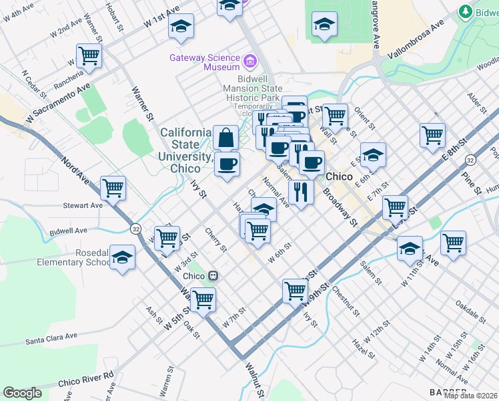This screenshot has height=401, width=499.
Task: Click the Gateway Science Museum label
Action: tap(204, 62)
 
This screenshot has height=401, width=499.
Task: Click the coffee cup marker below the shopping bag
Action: tap(227, 164)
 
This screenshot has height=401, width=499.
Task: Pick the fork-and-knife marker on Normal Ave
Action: tap(301, 192)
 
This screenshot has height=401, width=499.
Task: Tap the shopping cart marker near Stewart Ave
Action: tap(113, 188)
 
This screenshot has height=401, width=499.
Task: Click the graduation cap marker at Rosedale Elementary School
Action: tap(123, 257)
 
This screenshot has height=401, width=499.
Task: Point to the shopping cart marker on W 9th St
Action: tap(295, 290)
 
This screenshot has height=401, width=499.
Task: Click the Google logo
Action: tap(22, 393)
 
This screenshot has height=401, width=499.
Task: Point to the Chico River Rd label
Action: tap(86, 379)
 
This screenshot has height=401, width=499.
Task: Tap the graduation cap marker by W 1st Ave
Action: tap(181, 26)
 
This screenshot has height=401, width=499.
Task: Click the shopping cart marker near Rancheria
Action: tap(89, 56)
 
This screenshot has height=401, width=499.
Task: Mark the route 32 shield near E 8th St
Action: tap(470, 160)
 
